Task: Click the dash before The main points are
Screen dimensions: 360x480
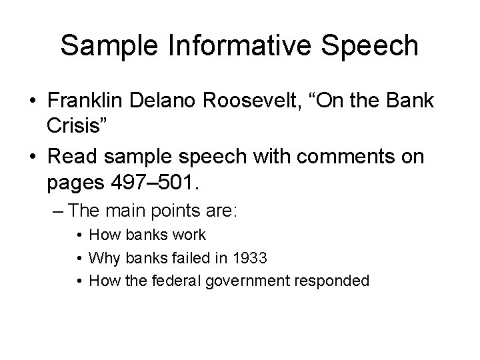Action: click(x=57, y=211)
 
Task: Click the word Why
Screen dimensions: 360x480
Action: click(x=101, y=257)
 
